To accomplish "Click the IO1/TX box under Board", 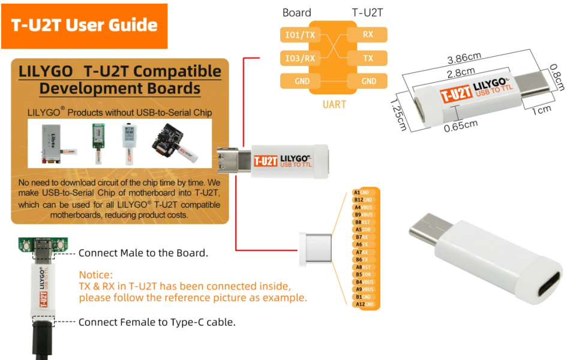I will point(301,35).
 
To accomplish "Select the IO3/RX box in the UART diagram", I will point(301,58).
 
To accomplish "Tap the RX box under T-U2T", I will point(367,35).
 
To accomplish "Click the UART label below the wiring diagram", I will point(334,104).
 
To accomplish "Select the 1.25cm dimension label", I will point(398,114).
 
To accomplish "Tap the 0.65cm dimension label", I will point(461,126).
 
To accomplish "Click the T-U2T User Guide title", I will point(85,25).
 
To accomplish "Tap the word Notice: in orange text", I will point(96,275).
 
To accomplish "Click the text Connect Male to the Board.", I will point(143,253).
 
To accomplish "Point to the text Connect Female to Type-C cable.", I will point(157,322).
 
